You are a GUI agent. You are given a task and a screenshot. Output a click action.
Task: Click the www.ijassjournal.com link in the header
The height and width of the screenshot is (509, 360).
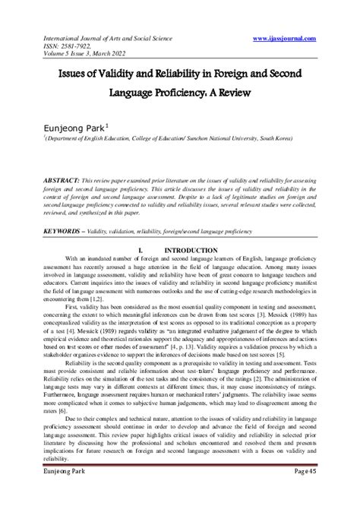pyautogui.click(x=296, y=36)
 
